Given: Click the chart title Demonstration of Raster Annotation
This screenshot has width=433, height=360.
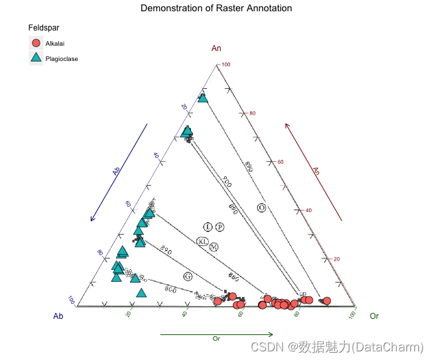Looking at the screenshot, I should pos(216,8).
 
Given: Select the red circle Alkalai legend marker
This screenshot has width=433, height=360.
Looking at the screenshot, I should pos(36,43).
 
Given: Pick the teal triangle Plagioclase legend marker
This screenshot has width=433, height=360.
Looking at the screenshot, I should pos(36,58).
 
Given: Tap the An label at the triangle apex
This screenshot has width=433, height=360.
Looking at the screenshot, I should pos(216,48).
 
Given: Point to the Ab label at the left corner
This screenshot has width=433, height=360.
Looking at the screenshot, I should pos(58,316).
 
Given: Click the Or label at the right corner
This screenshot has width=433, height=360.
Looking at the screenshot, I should pos(374,316).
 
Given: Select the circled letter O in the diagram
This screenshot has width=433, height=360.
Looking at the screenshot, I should pos(262,208).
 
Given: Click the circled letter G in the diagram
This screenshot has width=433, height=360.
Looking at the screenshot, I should pos(188,276).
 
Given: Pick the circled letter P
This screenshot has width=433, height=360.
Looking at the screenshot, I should pos(220,227).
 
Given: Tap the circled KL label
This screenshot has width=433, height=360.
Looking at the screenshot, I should pos(203,241).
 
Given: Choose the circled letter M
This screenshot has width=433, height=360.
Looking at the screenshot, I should pos(214,247).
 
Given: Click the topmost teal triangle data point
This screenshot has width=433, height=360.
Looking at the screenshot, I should pos(203,98).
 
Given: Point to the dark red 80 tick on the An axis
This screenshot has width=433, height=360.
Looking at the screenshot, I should pos(252,113).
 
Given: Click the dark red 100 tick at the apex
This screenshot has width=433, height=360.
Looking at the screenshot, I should pos(225,64).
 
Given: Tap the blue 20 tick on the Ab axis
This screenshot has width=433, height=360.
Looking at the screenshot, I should pos(184,107).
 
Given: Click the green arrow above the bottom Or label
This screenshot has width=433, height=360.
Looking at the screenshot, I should pos(216,334).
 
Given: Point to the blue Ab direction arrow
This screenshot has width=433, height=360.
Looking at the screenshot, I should pos(119,172).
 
